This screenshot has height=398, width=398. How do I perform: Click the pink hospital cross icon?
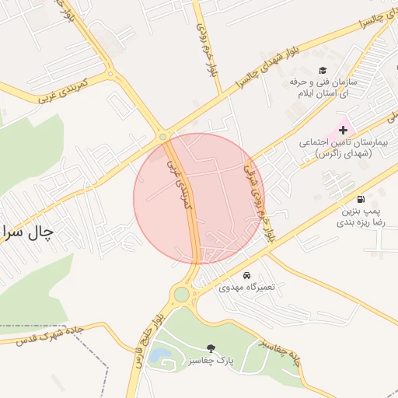click(x=343, y=130)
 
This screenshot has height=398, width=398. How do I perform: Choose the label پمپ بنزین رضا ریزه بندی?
click(x=360, y=215)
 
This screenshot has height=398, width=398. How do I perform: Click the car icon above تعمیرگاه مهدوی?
click(x=246, y=275)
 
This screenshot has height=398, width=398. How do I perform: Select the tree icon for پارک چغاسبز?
click(x=211, y=349)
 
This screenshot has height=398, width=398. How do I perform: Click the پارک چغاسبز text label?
click(x=211, y=361)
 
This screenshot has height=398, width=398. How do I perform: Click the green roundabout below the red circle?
click(x=182, y=295)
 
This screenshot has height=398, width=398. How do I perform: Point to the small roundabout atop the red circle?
click(x=163, y=138)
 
